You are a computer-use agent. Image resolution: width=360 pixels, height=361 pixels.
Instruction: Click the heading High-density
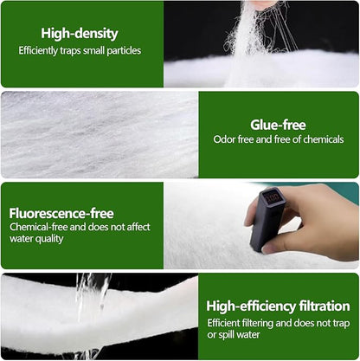(80, 34)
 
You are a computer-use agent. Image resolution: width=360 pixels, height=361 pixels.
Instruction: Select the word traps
(70, 51)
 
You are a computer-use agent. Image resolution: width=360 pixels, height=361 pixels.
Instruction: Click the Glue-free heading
(278, 125)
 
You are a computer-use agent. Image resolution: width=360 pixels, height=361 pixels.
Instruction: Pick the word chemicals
(324, 139)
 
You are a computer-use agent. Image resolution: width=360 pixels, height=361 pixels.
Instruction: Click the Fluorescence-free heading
(61, 214)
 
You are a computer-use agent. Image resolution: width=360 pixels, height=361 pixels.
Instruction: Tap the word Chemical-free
(39, 227)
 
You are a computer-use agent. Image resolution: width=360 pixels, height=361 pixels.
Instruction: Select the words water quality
(36, 239)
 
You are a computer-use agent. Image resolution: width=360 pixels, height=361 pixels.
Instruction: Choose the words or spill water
(234, 335)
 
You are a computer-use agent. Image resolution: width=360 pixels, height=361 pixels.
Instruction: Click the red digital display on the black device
(273, 197)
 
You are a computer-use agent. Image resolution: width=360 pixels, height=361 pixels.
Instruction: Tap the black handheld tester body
(267, 218)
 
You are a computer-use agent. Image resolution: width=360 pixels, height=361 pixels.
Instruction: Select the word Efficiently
(38, 51)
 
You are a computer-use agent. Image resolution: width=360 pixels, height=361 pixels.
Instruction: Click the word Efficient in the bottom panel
(223, 323)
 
